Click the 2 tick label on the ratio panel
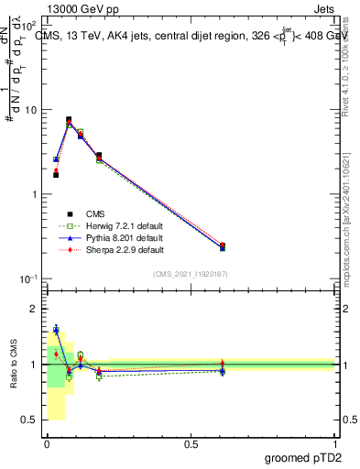[34, 309]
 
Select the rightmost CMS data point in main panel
[223, 245]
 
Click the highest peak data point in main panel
[69, 119]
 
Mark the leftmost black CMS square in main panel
[56, 174]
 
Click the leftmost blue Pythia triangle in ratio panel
[56, 329]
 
